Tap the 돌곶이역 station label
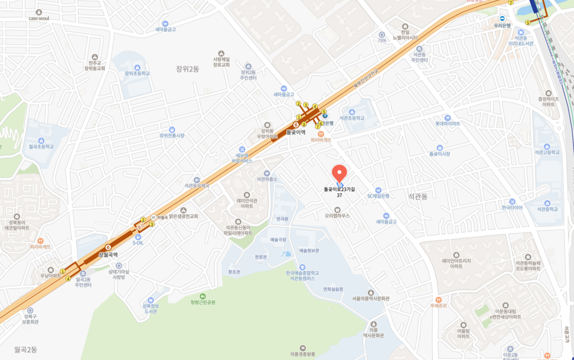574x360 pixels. click(x=296, y=133)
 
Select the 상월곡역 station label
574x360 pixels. click(x=108, y=254)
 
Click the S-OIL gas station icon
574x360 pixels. click(x=138, y=237)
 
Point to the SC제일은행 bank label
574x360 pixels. click(x=378, y=195)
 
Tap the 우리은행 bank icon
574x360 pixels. click(x=502, y=18)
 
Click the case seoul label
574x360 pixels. click(x=39, y=18)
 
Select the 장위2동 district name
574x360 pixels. click(x=188, y=68)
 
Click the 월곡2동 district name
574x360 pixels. click(x=25, y=349)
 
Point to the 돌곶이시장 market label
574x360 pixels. click(x=439, y=153)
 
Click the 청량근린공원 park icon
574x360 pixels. click(x=203, y=296)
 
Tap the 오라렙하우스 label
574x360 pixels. click(x=337, y=215)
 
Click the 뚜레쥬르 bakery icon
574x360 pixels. click(x=438, y=300)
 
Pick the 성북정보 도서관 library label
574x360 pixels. click(x=151, y=308)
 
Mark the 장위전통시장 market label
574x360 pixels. click(x=171, y=135)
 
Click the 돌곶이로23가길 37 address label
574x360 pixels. click(x=339, y=192)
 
